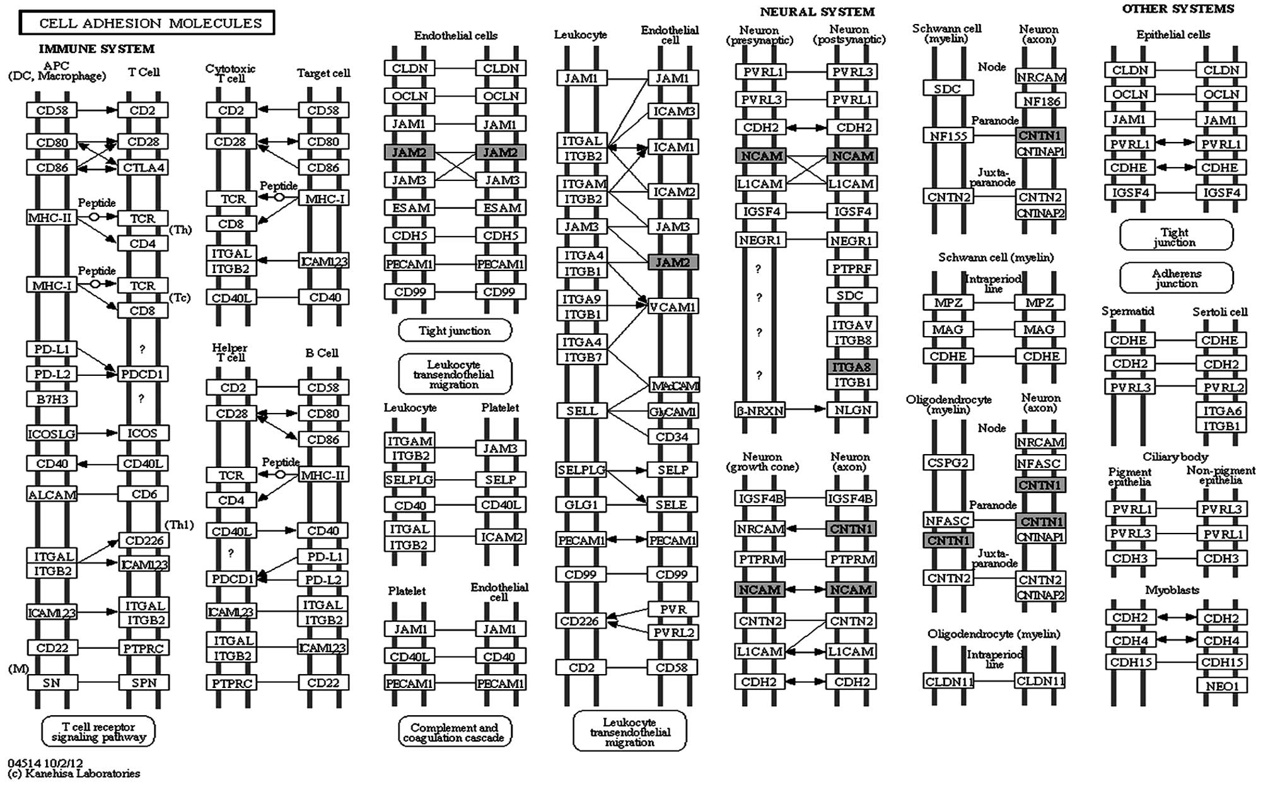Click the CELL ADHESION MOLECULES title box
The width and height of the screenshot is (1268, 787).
pyautogui.click(x=147, y=23)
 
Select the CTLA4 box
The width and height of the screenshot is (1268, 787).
pyautogui.click(x=143, y=168)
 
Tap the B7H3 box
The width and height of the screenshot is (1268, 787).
pyautogui.click(x=52, y=399)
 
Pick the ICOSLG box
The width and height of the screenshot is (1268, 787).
pyautogui.click(x=52, y=434)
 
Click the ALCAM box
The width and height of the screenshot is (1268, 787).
pyautogui.click(x=52, y=495)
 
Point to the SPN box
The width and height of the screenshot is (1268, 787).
pyautogui.click(x=143, y=682)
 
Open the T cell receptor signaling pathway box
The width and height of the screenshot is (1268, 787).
pyautogui.click(x=98, y=732)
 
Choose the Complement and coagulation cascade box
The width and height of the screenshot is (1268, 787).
pyautogui.click(x=454, y=733)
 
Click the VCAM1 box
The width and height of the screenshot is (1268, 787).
pyautogui.click(x=673, y=307)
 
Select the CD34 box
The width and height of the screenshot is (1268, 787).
pyautogui.click(x=673, y=437)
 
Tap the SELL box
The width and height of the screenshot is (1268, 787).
pyautogui.click(x=581, y=411)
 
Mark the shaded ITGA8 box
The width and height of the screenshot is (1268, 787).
pyautogui.click(x=852, y=367)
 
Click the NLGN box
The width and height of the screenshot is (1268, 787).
pyautogui.click(x=852, y=410)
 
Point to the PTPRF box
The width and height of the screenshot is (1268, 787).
pyautogui.click(x=852, y=269)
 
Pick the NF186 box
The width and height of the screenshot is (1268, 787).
pyautogui.click(x=1041, y=101)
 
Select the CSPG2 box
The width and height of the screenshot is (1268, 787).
pyautogui.click(x=948, y=463)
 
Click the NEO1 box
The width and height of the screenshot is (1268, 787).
pyautogui.click(x=1222, y=685)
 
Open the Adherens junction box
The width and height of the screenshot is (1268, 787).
pyautogui.click(x=1176, y=278)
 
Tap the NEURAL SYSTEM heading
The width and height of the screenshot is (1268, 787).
pyautogui.click(x=817, y=12)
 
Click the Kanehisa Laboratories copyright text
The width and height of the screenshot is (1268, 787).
pyautogui.click(x=74, y=774)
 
